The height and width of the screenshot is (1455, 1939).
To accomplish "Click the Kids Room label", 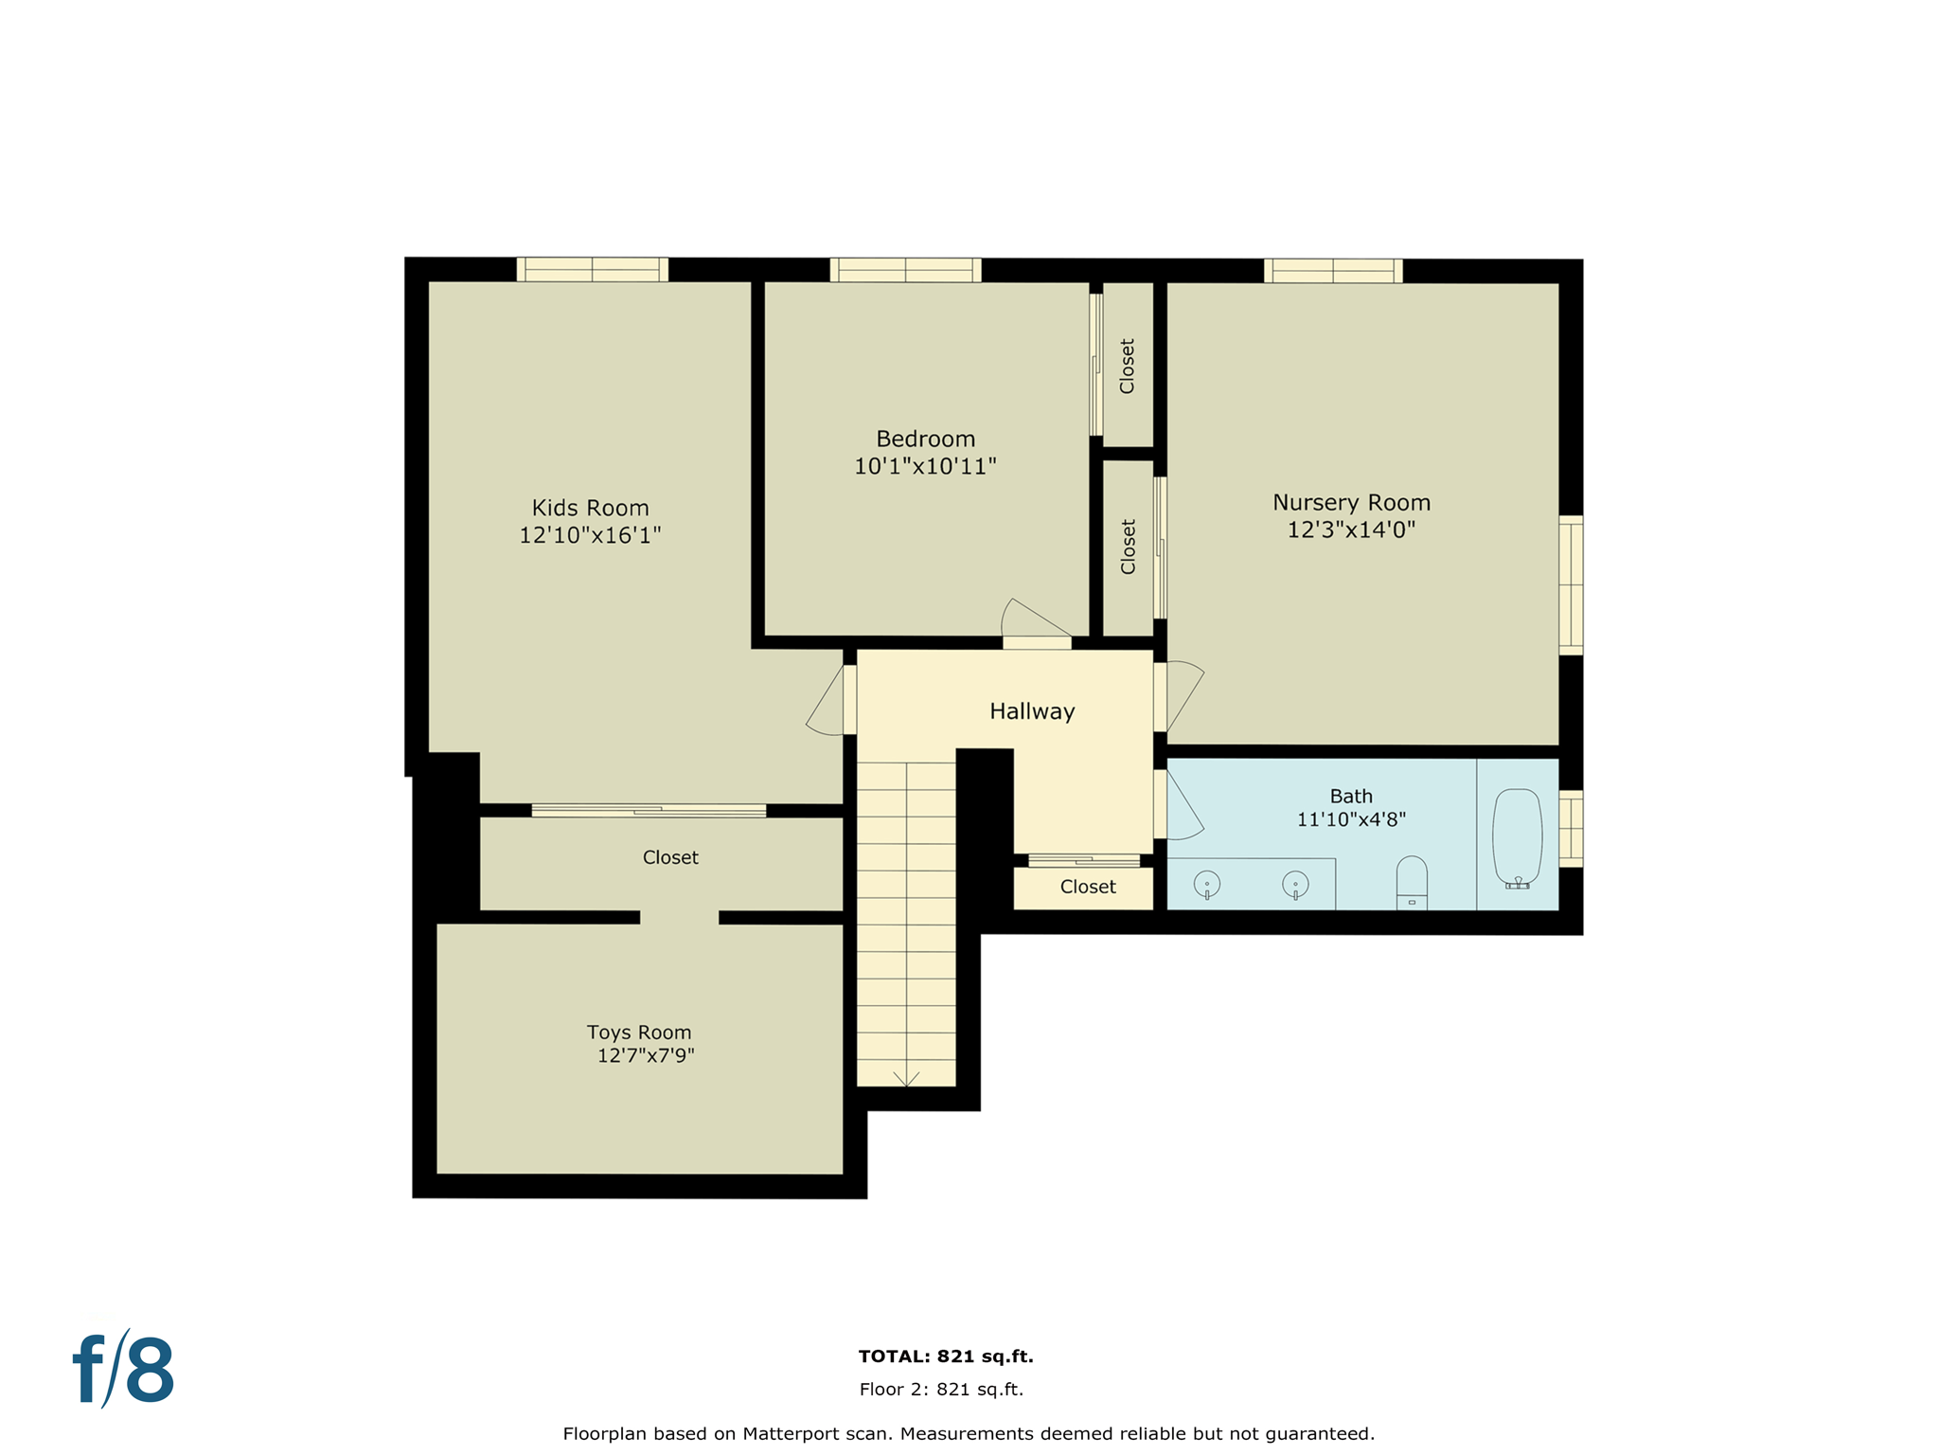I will click(x=590, y=508).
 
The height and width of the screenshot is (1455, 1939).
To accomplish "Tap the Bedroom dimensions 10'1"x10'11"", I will click(x=925, y=466).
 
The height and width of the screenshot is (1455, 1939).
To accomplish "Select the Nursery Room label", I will click(x=1351, y=502).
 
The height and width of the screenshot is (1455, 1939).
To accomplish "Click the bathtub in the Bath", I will click(x=1517, y=837).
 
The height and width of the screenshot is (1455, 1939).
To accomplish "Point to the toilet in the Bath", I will click(x=1412, y=881).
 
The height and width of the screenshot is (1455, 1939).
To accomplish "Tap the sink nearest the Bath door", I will click(x=1207, y=885).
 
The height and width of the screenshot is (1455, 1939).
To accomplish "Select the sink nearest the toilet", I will click(x=1295, y=885).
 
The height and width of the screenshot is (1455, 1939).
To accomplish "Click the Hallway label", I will click(x=1032, y=711).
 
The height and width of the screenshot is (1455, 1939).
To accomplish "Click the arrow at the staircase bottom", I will click(x=906, y=1079).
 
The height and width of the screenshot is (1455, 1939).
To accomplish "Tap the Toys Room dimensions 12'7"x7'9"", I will click(x=646, y=1056).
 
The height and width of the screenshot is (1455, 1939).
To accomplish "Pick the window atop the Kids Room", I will click(x=592, y=270).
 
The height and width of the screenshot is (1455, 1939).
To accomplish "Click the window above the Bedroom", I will click(x=905, y=270).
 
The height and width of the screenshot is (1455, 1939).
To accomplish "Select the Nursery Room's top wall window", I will click(x=1333, y=271).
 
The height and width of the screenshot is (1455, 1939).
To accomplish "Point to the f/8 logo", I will click(x=124, y=1370).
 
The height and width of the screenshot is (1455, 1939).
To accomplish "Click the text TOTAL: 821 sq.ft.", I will click(x=946, y=1356).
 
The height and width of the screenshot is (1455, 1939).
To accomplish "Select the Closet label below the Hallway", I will click(x=1088, y=887).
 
